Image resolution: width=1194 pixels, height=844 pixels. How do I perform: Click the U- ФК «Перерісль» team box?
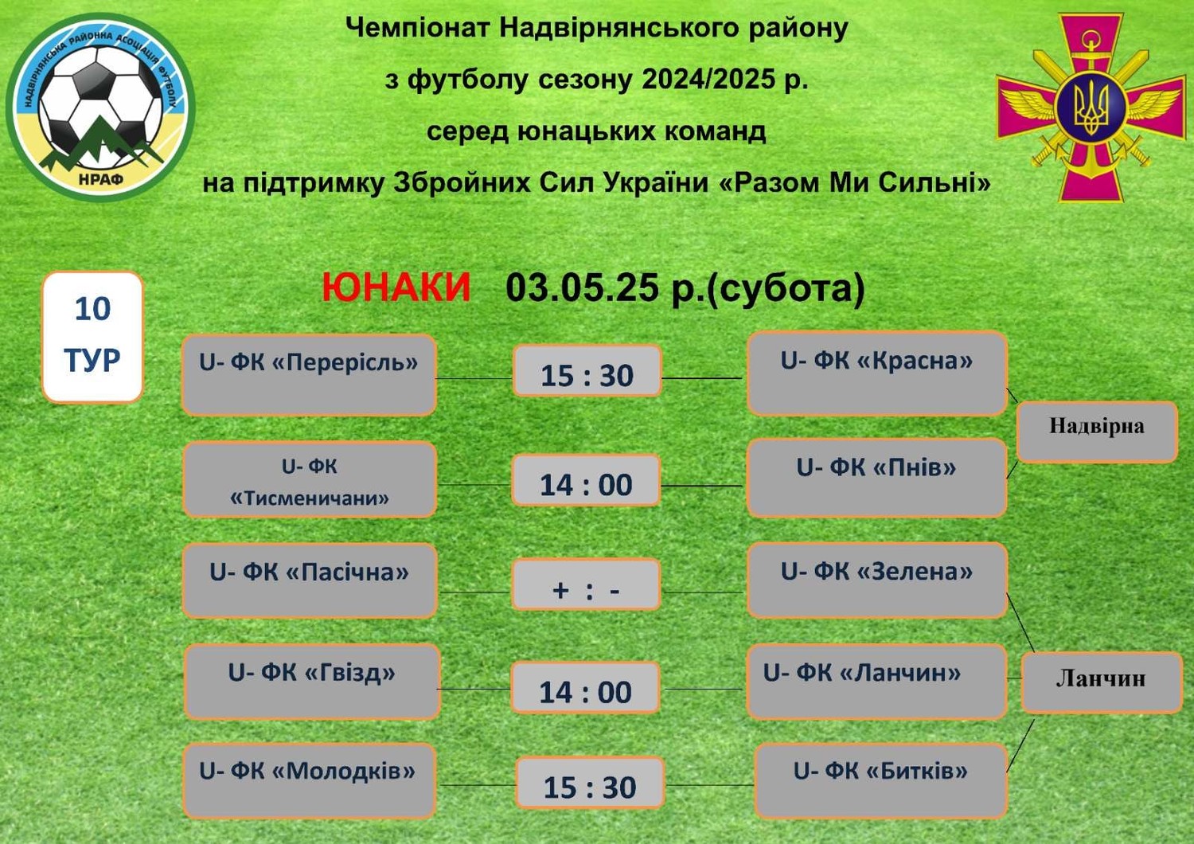pos(309,375)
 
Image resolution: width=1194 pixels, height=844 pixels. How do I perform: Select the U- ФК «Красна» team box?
pos(877,373)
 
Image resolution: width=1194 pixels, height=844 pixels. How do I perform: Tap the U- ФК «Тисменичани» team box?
pos(310,480)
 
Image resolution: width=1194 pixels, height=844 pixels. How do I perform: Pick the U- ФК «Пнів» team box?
pos(877,479)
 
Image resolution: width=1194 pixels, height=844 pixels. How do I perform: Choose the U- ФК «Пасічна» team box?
pos(310,580)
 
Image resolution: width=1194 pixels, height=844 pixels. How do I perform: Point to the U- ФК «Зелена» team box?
pos(877,580)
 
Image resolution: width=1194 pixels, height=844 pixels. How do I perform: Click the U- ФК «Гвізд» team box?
pos(312,682)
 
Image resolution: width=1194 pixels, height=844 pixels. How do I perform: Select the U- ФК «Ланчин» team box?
pos(877,682)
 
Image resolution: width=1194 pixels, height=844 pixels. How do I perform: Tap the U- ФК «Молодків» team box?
pos(310,781)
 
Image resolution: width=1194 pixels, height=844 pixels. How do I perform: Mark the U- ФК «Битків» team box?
pos(881,781)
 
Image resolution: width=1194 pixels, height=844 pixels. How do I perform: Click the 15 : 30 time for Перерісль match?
pos(587,370)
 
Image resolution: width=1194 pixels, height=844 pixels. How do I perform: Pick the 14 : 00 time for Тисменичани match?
pos(586,480)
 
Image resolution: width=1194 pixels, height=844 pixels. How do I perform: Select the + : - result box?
pos(587,584)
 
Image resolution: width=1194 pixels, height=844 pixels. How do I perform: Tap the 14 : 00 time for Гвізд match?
pos(585,688)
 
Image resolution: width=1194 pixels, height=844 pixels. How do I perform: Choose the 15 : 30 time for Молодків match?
pos(590,782)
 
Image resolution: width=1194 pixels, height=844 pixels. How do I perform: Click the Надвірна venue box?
pos(1097,432)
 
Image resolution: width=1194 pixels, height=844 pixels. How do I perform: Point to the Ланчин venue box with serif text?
pos(1102,682)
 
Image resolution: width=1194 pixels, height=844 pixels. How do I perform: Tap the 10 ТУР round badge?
pos(93,337)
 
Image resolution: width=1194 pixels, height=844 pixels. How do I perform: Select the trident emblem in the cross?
pos(1091,107)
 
